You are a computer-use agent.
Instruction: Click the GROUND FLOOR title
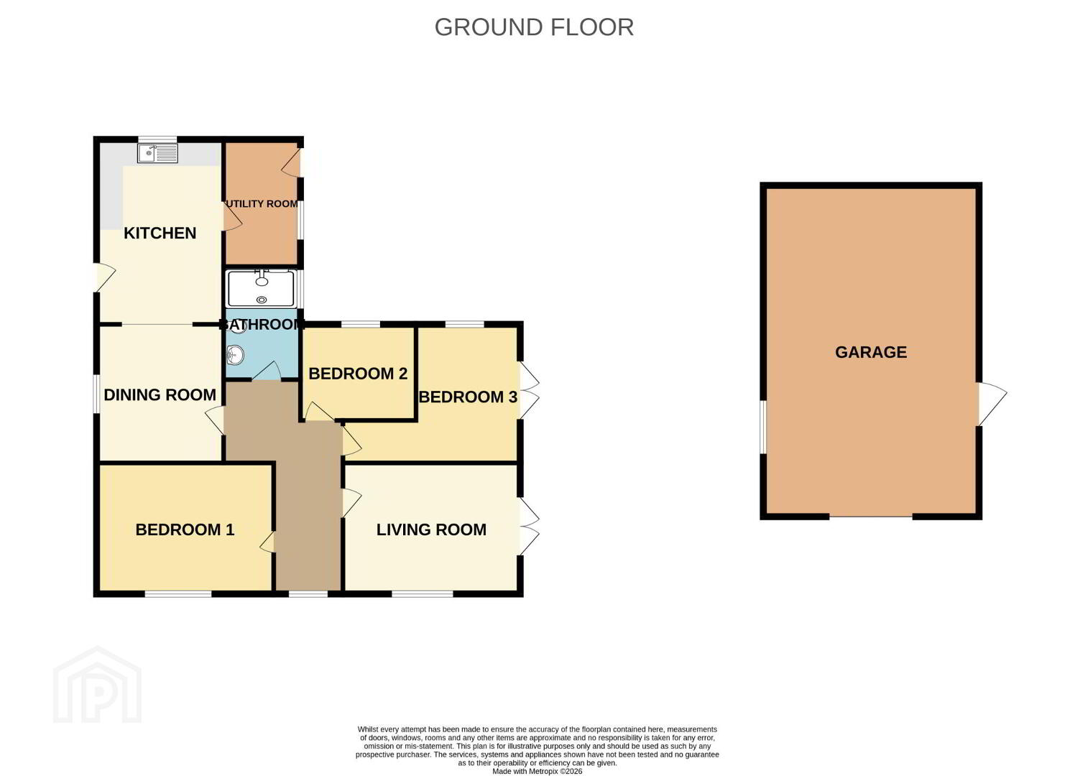click(534, 27)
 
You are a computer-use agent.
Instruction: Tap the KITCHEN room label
click(160, 234)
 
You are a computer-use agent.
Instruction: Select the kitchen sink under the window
click(157, 154)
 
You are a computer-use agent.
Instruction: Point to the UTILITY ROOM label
click(262, 204)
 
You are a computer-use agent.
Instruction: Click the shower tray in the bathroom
click(261, 288)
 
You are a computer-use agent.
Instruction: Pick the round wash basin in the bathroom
click(236, 356)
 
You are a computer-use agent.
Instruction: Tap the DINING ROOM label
click(160, 395)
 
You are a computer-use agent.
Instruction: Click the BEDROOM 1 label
click(185, 530)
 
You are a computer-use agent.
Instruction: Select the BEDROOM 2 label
click(358, 374)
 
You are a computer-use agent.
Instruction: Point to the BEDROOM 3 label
click(468, 397)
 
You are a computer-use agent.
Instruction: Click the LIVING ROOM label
click(431, 530)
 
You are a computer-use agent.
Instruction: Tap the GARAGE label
click(871, 352)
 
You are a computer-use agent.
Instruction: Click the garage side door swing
click(992, 404)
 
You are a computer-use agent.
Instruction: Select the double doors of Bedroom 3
click(530, 389)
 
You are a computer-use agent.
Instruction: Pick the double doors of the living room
click(530, 527)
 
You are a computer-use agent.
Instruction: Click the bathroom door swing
click(267, 371)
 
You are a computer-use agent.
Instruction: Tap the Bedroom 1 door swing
click(267, 542)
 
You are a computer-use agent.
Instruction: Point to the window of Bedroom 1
click(178, 594)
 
